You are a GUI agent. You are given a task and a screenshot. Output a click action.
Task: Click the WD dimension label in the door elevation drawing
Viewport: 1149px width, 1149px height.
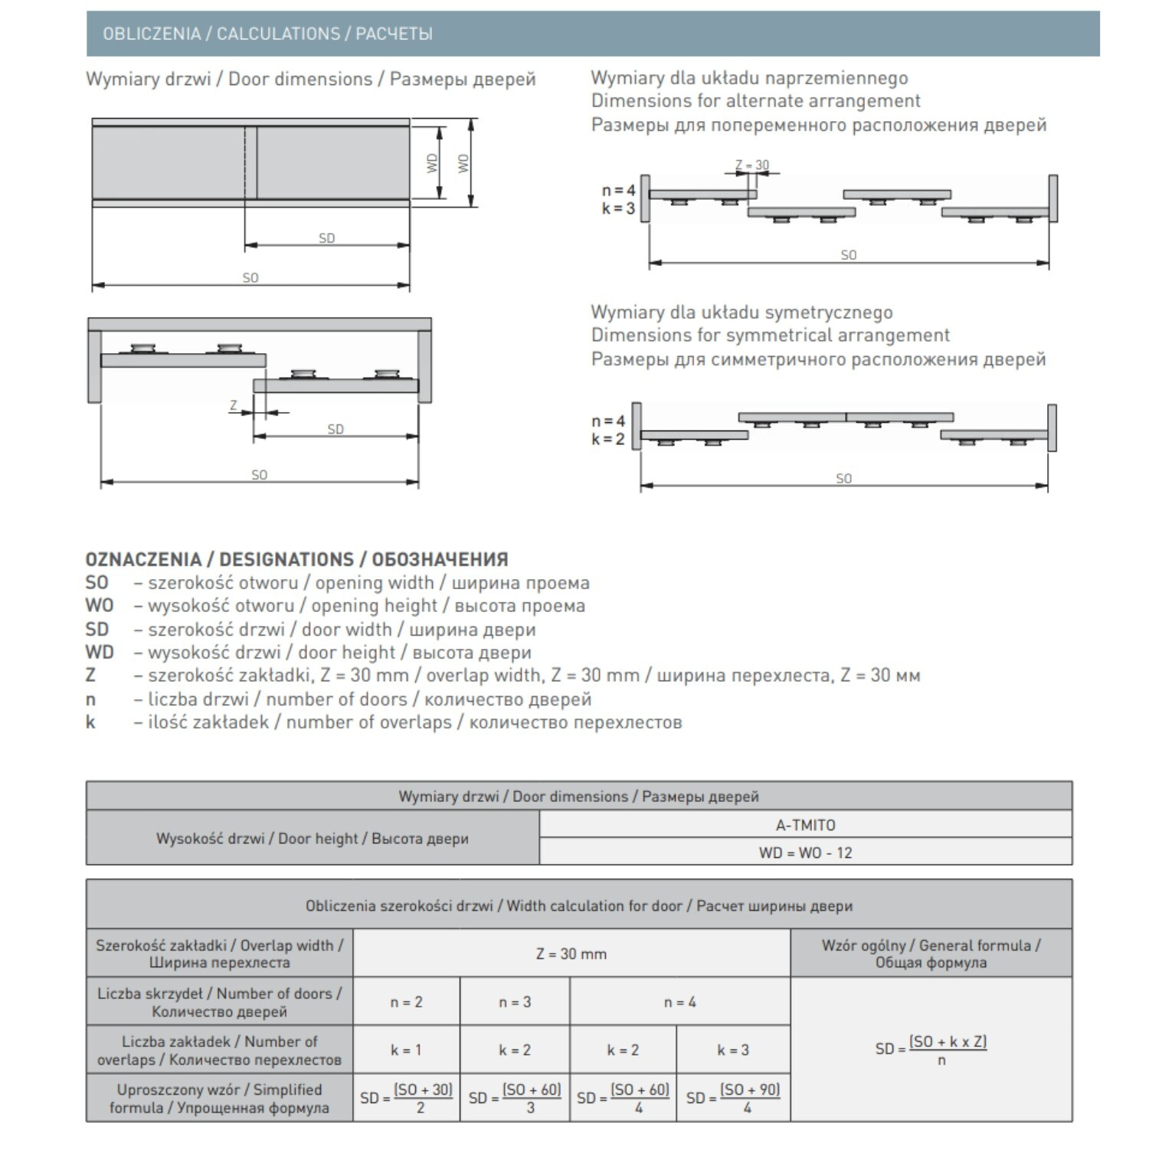(x=433, y=162)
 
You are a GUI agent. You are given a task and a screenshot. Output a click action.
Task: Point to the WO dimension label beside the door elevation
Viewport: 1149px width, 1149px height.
(x=463, y=162)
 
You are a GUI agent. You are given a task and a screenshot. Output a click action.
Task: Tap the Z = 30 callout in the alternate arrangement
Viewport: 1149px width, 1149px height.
(x=751, y=165)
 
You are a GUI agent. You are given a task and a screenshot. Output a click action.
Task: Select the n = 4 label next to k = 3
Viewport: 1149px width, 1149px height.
(x=618, y=190)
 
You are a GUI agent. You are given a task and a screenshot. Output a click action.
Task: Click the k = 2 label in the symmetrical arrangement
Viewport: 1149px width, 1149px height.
(x=607, y=439)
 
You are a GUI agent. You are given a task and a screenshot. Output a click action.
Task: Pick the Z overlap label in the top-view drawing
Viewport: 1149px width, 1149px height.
(x=234, y=405)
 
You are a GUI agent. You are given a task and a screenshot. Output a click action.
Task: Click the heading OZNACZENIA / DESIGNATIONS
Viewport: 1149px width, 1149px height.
(x=296, y=559)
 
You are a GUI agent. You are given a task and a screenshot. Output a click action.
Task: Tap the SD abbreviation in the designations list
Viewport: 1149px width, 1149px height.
(x=97, y=629)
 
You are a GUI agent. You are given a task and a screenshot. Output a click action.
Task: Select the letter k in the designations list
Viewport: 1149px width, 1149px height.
(x=90, y=722)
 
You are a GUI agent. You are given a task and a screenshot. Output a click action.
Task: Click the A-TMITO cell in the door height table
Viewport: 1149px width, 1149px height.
(x=805, y=825)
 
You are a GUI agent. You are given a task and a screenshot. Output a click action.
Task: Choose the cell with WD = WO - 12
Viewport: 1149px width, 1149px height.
(x=805, y=853)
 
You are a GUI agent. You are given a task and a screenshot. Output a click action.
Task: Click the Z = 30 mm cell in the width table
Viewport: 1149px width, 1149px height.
(x=571, y=954)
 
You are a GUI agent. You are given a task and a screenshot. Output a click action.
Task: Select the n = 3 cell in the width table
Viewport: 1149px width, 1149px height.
(x=515, y=1002)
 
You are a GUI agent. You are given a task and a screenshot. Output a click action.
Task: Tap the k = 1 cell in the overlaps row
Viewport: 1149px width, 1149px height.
(x=406, y=1050)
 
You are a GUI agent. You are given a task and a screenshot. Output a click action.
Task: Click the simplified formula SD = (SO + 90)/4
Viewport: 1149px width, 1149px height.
(x=733, y=1098)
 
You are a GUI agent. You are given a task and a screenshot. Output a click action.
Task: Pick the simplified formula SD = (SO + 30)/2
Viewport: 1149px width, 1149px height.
(x=407, y=1098)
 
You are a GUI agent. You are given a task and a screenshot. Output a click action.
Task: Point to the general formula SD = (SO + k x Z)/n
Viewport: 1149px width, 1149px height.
(x=931, y=1049)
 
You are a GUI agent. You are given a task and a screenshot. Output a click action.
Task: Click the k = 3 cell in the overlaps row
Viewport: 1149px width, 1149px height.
(x=733, y=1050)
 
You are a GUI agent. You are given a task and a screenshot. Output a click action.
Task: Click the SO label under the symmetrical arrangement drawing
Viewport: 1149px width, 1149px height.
(x=843, y=478)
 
